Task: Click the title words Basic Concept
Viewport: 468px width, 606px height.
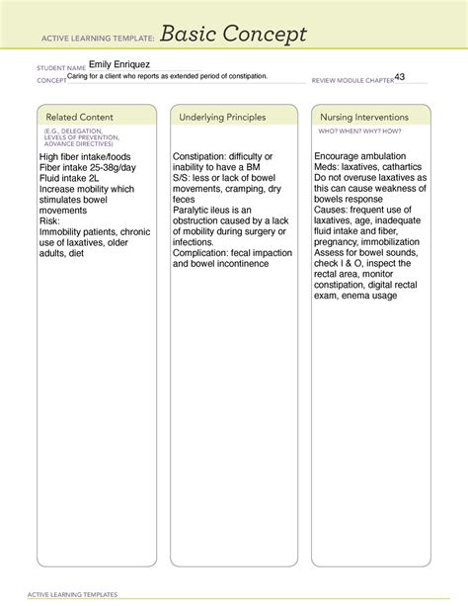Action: coord(234,35)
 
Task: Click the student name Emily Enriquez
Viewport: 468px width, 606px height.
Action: coord(118,65)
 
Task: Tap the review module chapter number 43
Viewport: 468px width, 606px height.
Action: coord(400,77)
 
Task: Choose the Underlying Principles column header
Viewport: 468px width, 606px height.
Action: coord(222,118)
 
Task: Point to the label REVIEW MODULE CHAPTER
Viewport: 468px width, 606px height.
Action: coord(351,81)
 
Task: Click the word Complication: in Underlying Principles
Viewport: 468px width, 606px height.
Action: coord(204,252)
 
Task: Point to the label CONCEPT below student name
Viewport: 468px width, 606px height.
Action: coord(51,81)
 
